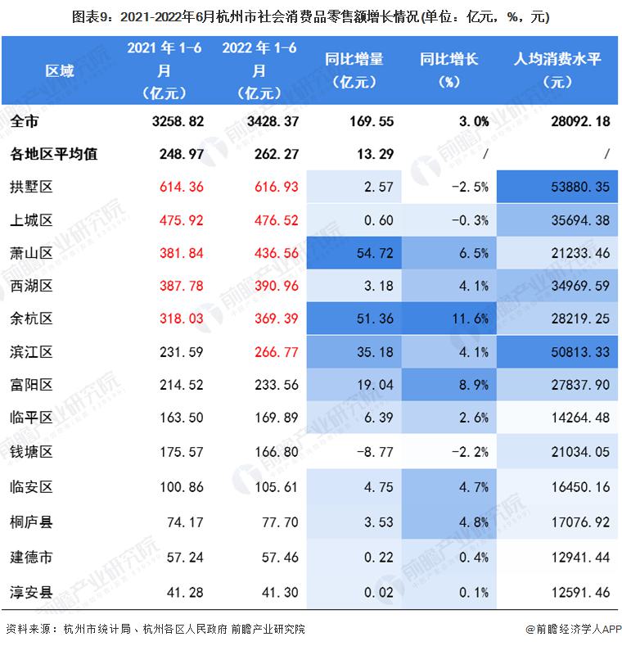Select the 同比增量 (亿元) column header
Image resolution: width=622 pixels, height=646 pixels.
click(x=354, y=70)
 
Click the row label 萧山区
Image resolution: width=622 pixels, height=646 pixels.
click(x=32, y=254)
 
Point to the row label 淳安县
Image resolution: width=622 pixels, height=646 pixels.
click(x=32, y=591)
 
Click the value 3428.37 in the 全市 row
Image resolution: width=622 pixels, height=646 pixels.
click(x=258, y=121)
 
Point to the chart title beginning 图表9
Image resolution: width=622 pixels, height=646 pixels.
click(x=310, y=16)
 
